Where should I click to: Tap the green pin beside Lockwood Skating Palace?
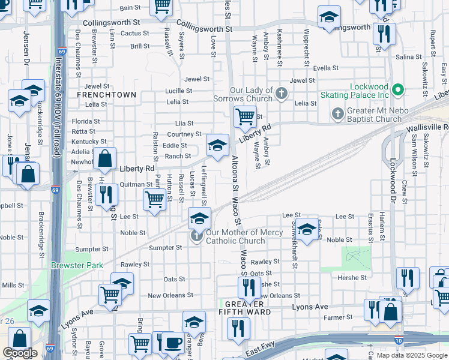397,92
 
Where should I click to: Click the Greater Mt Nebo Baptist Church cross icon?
337,114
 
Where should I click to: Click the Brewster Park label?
77,265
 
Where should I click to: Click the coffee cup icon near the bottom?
173,343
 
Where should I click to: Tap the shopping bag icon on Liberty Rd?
104,160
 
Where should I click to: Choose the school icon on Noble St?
307,230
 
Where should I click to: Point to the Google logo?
20,353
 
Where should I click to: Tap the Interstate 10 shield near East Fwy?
399,341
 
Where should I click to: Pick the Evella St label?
326,68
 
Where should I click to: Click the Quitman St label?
136,185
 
